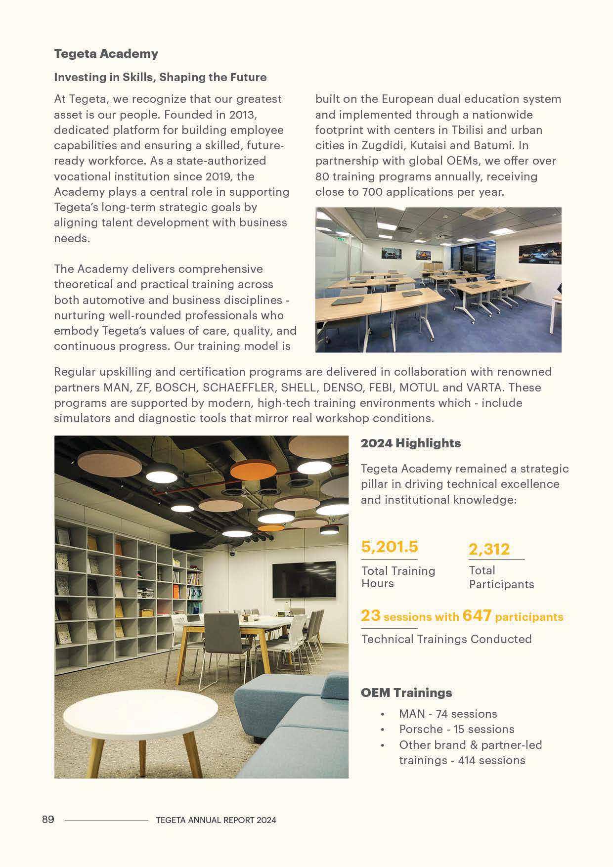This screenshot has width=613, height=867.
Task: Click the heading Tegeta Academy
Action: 106,54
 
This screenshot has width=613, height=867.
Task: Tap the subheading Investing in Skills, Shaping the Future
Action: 160,77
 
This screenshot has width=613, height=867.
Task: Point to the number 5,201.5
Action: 390,547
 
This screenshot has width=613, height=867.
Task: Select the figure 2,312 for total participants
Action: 489,549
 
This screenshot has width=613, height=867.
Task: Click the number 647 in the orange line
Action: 477,616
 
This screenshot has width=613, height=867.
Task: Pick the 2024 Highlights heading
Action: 410,443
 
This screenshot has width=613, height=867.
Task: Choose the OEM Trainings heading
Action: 406,693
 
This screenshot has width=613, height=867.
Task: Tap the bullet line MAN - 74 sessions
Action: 447,714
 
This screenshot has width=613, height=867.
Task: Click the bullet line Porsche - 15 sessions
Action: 456,729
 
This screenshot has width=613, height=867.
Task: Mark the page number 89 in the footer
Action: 48,820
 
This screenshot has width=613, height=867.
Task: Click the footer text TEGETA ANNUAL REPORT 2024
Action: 216,820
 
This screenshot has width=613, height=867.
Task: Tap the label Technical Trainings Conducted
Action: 446,639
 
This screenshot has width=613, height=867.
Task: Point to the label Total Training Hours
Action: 398,577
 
